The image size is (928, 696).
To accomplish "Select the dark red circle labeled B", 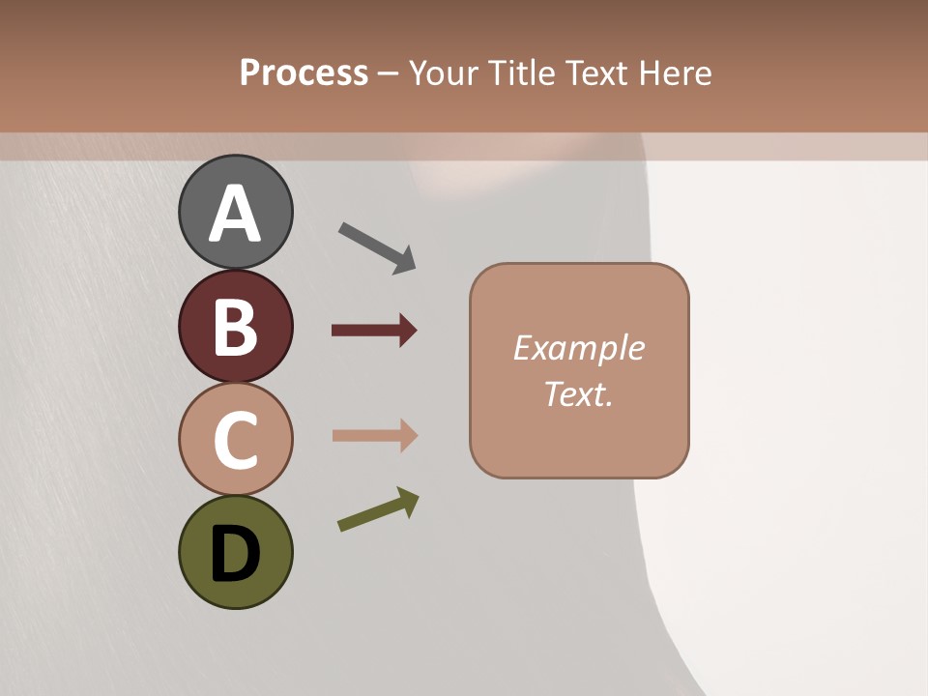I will click(235, 326).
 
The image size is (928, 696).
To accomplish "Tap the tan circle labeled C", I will click(235, 439).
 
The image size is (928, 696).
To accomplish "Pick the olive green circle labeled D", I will click(235, 552).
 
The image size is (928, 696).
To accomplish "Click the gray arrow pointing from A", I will click(377, 247).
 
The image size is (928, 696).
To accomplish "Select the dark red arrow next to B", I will click(374, 331).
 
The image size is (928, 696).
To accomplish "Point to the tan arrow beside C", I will click(374, 435).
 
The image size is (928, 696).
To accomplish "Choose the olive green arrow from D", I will click(378, 509).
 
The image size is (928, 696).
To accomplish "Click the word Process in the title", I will click(304, 72).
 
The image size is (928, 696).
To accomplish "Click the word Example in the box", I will click(578, 348).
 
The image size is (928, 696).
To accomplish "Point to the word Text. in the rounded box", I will click(578, 393).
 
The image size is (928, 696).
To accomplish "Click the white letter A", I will click(235, 214).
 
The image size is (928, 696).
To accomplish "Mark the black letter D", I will click(235, 554).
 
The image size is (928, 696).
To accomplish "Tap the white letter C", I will click(235, 441).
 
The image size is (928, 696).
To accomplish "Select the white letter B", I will click(235, 328).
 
